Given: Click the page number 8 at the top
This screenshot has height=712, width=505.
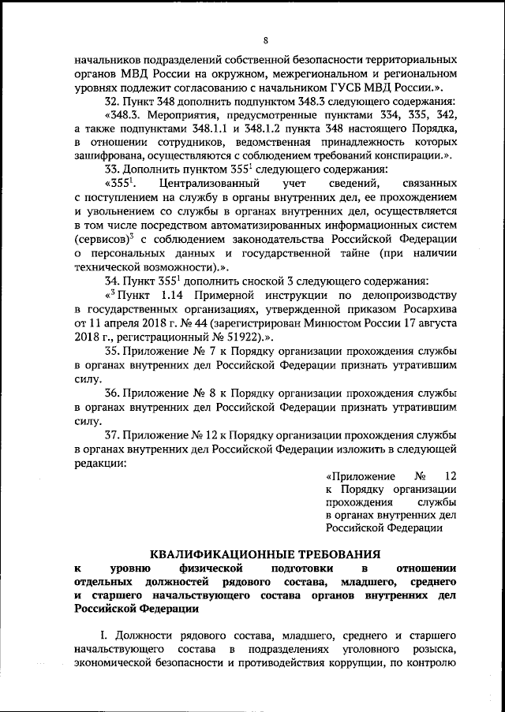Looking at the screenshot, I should pos(266,40).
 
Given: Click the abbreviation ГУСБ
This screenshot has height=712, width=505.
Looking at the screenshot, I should pos(347,88).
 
